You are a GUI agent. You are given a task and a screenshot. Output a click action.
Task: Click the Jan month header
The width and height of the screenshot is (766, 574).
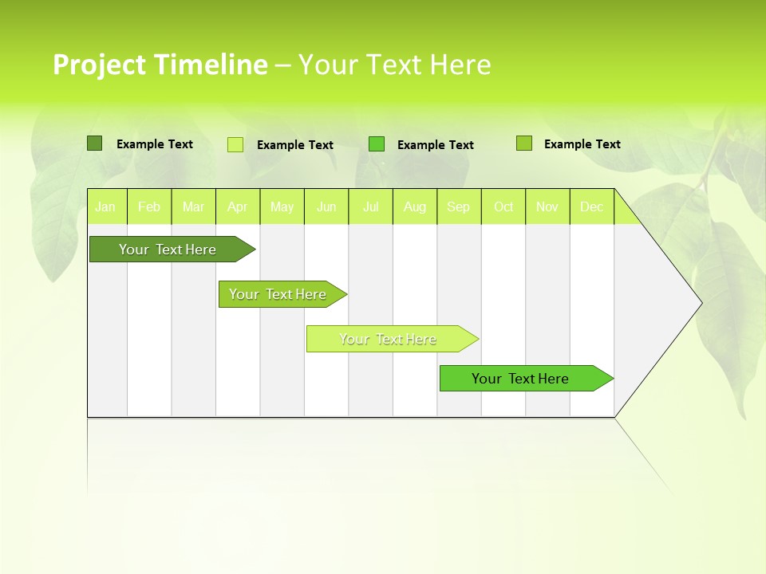(105, 206)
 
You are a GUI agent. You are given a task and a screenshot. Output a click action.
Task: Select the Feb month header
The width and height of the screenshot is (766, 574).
(149, 206)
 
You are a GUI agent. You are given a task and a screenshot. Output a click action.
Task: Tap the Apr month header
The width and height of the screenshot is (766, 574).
(237, 206)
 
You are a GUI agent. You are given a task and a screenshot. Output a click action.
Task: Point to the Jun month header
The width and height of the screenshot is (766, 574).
(326, 206)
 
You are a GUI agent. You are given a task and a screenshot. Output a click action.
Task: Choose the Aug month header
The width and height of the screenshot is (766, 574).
(414, 206)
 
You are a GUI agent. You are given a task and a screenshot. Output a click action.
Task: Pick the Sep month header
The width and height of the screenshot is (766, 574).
(459, 206)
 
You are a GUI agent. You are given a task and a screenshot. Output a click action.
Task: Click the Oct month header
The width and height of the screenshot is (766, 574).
(503, 206)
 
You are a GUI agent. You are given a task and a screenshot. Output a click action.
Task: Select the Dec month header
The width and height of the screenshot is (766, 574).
(591, 206)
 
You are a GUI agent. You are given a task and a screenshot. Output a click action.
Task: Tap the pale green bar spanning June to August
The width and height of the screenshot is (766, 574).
(389, 339)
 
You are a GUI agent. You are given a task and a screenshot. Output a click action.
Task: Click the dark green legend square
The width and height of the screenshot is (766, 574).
(94, 143)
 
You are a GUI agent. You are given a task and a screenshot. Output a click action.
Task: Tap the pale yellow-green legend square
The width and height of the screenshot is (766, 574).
(235, 144)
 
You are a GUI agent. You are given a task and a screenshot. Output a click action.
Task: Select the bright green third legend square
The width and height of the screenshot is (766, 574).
(377, 144)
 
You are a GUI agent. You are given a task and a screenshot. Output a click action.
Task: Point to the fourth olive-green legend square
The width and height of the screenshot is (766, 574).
(523, 143)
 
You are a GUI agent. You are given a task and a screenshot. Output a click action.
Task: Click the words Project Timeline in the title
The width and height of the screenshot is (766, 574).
(160, 65)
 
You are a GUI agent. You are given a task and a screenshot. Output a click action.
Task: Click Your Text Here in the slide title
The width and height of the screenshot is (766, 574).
(394, 65)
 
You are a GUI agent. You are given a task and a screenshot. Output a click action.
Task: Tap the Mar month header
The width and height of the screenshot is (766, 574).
(193, 206)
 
